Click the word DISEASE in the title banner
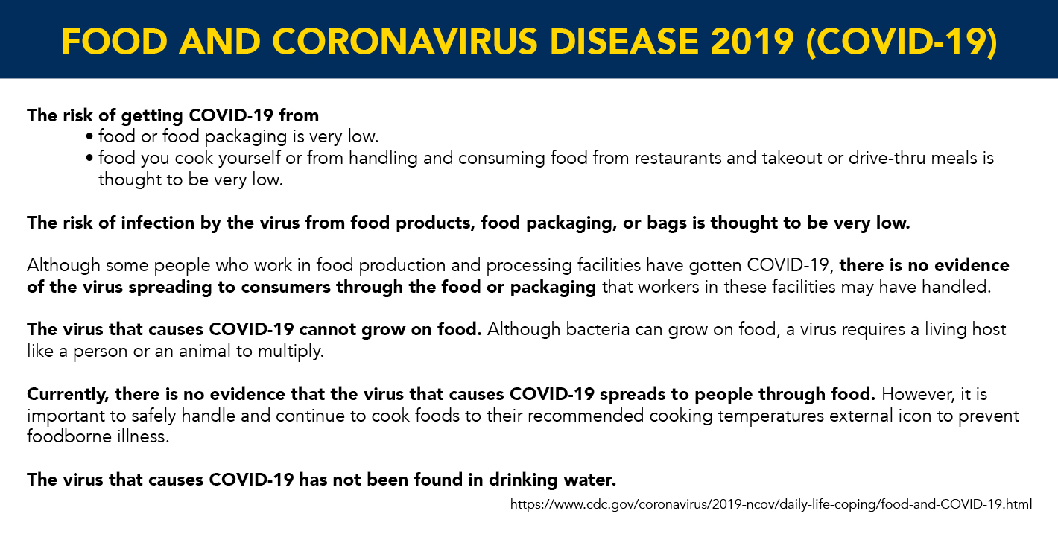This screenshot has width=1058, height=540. (x=624, y=42)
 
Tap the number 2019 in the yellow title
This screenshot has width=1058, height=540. (x=752, y=42)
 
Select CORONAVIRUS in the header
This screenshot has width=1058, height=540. (x=405, y=42)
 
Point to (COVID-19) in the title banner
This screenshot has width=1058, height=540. (x=902, y=42)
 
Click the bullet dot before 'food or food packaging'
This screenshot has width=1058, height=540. (x=89, y=137)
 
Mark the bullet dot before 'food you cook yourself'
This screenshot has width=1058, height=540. (x=89, y=158)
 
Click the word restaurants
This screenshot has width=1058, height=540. (x=678, y=158)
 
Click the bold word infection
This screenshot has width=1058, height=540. (x=158, y=223)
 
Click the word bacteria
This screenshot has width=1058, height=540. (x=598, y=329)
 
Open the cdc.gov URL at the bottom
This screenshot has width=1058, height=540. (x=771, y=504)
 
